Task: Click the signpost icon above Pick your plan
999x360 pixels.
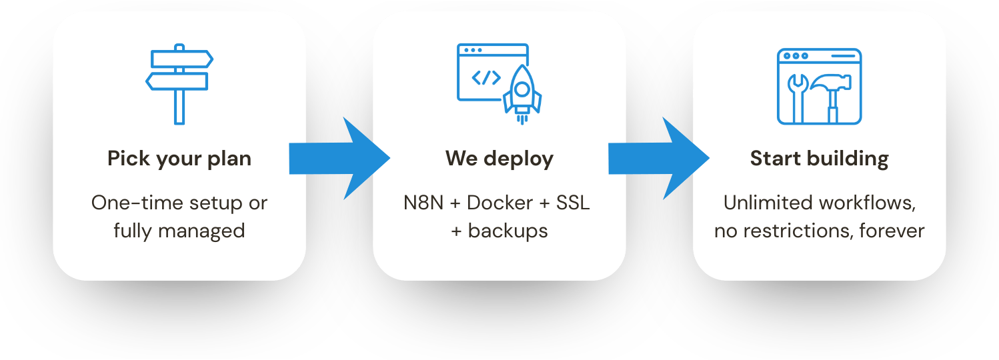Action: (x=179, y=83)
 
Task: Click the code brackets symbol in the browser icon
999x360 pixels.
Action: (x=486, y=78)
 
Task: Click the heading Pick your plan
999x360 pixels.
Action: (x=179, y=159)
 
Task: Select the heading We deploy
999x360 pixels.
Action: (x=499, y=159)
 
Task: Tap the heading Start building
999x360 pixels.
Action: (x=819, y=159)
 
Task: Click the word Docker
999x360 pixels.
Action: (x=499, y=203)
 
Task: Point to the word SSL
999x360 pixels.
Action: (x=573, y=203)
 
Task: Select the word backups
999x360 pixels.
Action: (x=508, y=231)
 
